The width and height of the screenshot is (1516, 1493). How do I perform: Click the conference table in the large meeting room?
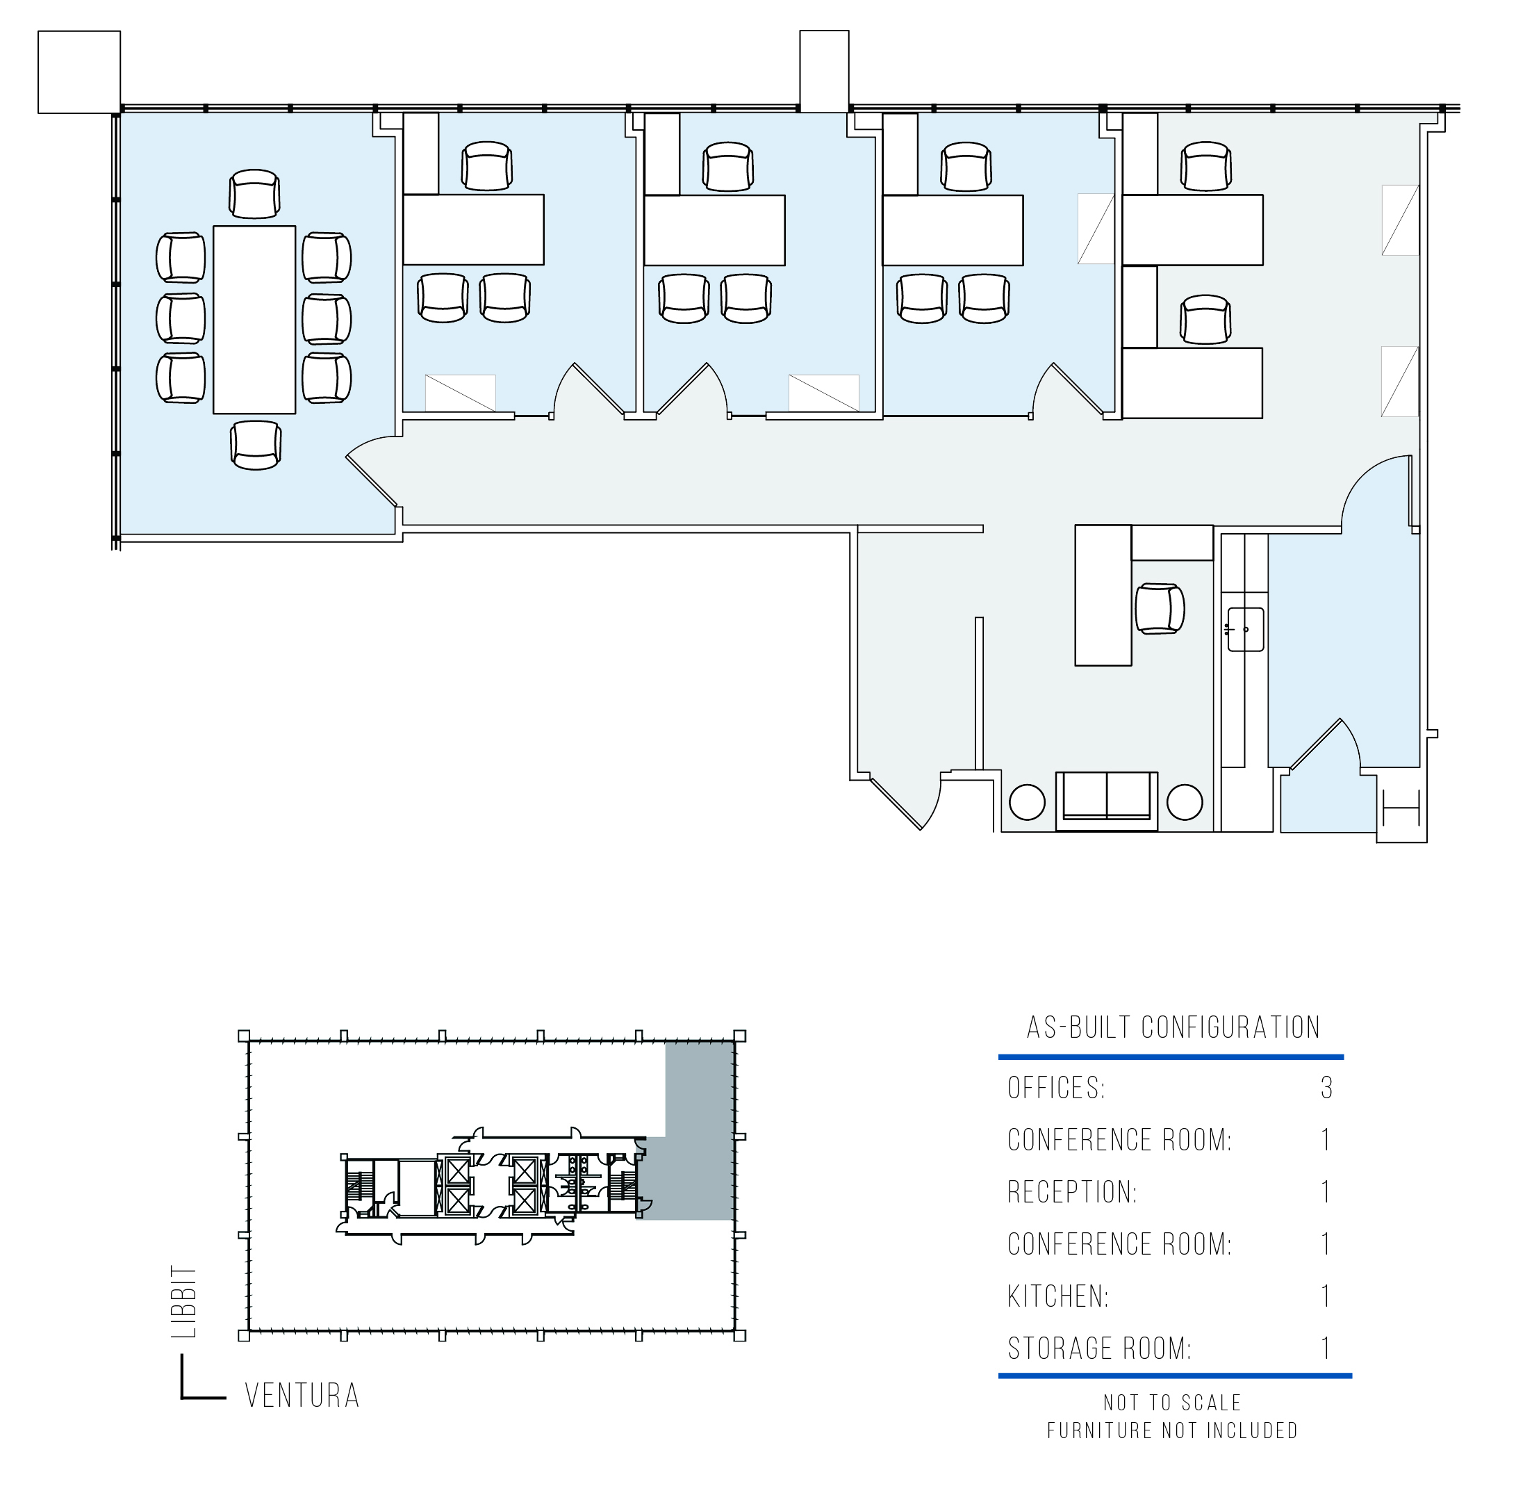pyautogui.click(x=254, y=319)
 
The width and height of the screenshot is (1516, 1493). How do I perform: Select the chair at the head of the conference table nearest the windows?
pyautogui.click(x=255, y=194)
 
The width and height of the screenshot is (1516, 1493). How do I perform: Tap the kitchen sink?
pyautogui.click(x=1245, y=629)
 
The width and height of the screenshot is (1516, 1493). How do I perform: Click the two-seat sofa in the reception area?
pyautogui.click(x=1106, y=801)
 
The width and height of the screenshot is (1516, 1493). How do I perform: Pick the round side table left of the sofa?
pyautogui.click(x=1027, y=802)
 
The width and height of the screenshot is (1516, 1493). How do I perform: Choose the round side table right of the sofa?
pyautogui.click(x=1185, y=802)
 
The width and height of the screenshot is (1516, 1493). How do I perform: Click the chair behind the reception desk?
pyautogui.click(x=1160, y=608)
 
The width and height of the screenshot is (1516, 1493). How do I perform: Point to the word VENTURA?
pyautogui.click(x=302, y=1395)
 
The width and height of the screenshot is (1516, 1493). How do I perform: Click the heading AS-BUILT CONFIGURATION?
pyautogui.click(x=1173, y=1027)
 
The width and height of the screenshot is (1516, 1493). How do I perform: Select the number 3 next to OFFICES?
pyautogui.click(x=1326, y=1088)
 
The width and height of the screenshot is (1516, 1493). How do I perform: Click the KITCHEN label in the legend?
pyautogui.click(x=1058, y=1296)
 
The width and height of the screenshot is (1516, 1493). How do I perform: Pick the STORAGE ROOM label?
pyautogui.click(x=1100, y=1348)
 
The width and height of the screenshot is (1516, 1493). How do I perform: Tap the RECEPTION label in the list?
pyautogui.click(x=1072, y=1192)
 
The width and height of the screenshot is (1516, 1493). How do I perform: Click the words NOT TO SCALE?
pyautogui.click(x=1173, y=1402)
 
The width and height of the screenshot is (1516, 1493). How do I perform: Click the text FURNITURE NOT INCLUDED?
pyautogui.click(x=1173, y=1430)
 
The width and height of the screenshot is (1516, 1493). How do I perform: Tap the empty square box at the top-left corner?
pyautogui.click(x=79, y=72)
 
